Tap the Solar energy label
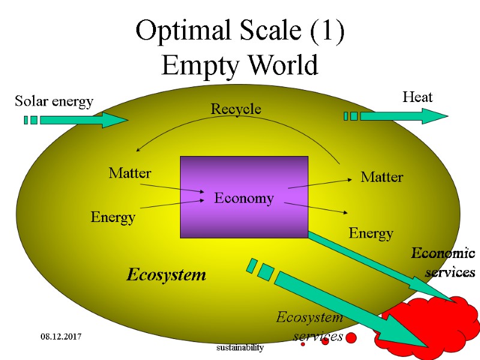tap(54, 101)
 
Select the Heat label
tap(417, 97)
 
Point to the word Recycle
tap(236, 109)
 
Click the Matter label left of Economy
tap(130, 173)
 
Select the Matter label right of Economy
tap(382, 177)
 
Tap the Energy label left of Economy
tap(113, 217)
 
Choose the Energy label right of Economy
tap(371, 233)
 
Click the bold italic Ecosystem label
tap(166, 275)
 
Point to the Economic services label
tap(444, 263)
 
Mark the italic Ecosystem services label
tap(310, 326)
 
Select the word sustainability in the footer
tap(240, 347)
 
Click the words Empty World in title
tap(239, 65)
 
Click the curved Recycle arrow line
tap(240, 118)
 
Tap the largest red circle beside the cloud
tap(351, 338)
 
